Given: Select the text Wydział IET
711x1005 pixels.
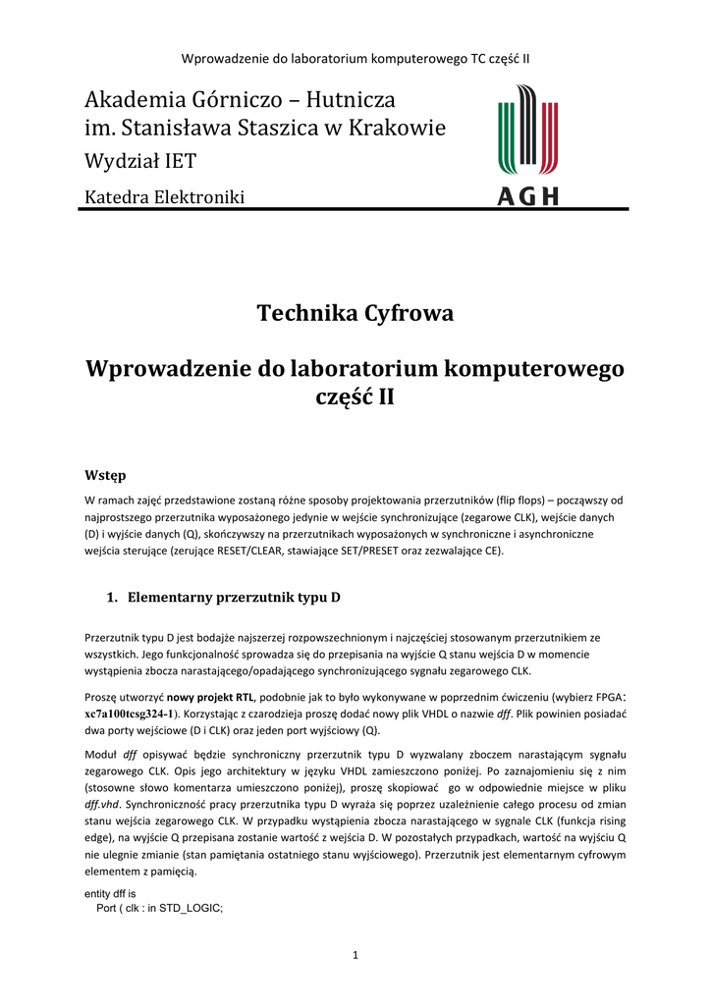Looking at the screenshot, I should pos(139,161).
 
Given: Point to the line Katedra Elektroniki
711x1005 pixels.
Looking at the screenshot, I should pos(164,198).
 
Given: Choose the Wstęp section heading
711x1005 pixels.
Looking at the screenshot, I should pos(106,476).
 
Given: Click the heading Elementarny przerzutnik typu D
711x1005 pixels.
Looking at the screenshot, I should pos(234,597).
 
